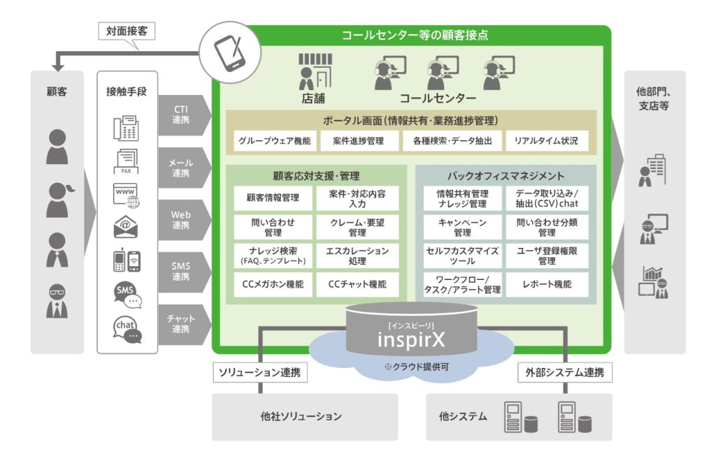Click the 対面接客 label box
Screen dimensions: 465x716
(126, 31)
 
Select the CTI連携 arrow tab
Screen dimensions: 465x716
(182, 115)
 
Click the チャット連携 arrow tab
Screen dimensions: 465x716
(182, 323)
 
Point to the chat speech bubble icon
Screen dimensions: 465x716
(127, 329)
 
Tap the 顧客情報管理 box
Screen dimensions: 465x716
(273, 198)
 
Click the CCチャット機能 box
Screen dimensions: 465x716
(357, 285)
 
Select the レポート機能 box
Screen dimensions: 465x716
(547, 285)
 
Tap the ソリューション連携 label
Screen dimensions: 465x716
(259, 373)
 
